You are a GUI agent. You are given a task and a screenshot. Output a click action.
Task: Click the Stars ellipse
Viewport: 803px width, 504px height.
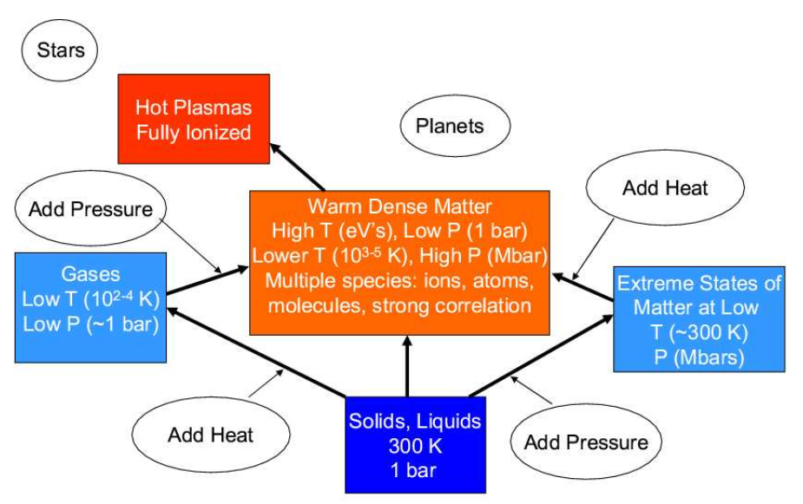(x=60, y=49)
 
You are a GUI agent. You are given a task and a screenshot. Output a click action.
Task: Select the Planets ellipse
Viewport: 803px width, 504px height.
(x=449, y=127)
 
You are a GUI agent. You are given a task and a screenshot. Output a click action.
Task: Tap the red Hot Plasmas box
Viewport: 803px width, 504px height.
(x=194, y=119)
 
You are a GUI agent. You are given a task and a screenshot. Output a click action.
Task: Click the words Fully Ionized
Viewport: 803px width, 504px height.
(x=194, y=133)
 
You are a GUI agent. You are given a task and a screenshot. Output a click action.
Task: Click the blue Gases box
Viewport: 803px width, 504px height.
(x=90, y=307)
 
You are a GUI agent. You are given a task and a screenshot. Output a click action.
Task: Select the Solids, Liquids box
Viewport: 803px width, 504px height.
(x=414, y=443)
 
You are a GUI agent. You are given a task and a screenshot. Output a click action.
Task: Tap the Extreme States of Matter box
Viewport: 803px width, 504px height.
(x=699, y=319)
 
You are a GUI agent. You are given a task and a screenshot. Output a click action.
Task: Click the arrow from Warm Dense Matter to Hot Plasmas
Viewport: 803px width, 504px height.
(x=298, y=167)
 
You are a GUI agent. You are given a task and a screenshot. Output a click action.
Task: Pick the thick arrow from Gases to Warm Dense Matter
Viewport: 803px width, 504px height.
(x=207, y=280)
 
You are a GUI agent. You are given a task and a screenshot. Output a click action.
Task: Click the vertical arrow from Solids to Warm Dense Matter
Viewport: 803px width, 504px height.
(x=405, y=364)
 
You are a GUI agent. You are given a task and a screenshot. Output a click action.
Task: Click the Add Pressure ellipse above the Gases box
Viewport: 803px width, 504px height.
(x=90, y=209)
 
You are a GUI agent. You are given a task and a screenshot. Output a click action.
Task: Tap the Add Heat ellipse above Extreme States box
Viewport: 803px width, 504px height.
(x=665, y=188)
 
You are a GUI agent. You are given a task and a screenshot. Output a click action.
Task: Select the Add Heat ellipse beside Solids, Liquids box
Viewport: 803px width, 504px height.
(x=210, y=434)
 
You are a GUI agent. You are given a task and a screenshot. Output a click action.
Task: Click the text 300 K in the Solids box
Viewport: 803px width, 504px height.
(x=414, y=446)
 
